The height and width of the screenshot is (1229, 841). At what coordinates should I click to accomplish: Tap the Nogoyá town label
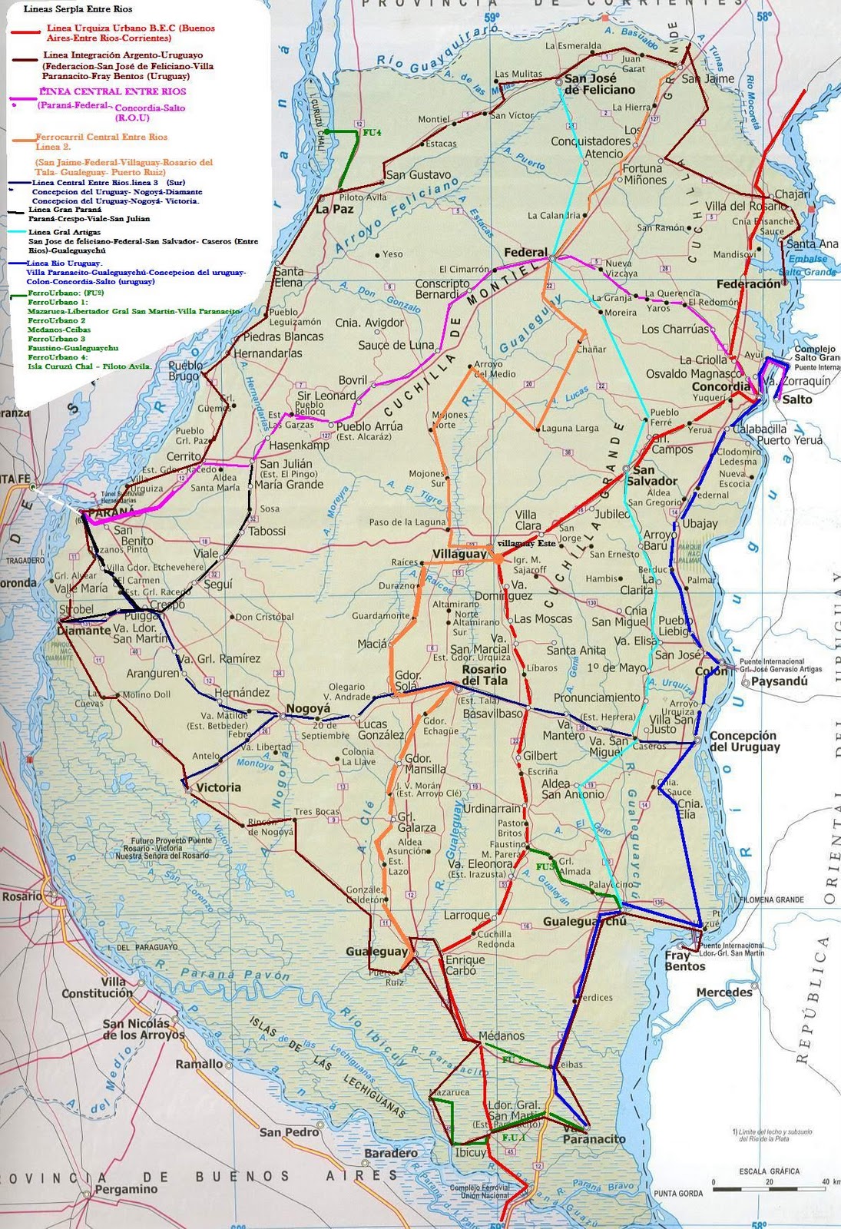click(308, 708)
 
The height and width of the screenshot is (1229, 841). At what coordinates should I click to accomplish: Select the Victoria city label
click(219, 787)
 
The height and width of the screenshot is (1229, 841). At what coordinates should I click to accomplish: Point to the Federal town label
click(526, 252)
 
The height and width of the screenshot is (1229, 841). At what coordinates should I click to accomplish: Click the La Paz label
click(334, 208)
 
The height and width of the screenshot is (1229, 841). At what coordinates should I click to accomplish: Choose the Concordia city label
click(720, 386)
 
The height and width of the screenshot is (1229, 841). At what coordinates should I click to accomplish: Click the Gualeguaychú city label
click(585, 921)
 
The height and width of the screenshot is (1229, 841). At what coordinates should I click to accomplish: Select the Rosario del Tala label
click(485, 675)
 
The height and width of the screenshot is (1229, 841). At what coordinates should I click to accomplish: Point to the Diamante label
click(83, 630)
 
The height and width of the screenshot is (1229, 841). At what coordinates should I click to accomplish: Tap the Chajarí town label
click(793, 194)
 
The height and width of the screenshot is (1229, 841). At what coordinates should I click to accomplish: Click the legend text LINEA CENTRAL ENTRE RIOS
click(101, 91)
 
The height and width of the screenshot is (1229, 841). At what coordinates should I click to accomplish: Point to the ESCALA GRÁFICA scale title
click(769, 1171)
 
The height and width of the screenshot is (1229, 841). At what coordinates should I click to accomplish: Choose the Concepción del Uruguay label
click(744, 740)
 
